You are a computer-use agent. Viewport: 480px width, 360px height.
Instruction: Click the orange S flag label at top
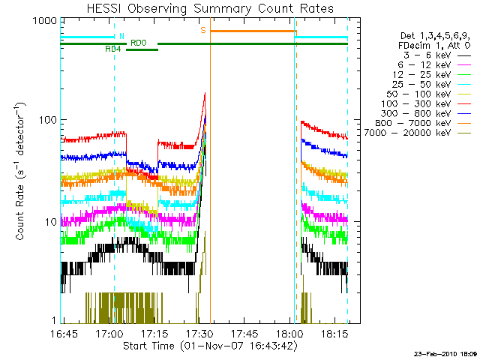pyautogui.click(x=202, y=31)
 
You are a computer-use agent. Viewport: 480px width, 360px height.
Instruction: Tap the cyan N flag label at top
pyautogui.click(x=121, y=35)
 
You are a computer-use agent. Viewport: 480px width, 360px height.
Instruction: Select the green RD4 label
pyautogui.click(x=113, y=49)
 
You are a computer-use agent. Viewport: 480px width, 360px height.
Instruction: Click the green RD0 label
pyautogui.click(x=138, y=43)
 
